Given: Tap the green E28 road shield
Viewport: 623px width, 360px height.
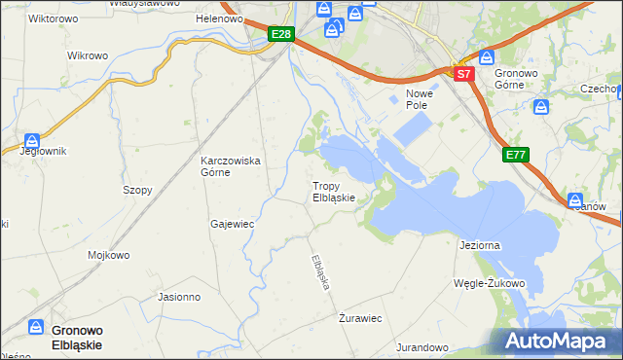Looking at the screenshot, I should pos(281,35).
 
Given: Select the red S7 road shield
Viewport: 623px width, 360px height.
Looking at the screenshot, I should pos(463,73).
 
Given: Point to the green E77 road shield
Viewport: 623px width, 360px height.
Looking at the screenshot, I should pos(516,155).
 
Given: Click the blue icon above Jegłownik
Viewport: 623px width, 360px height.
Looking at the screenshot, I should pos(32,139).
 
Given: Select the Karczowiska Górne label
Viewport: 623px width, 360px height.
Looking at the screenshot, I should pos(230,166).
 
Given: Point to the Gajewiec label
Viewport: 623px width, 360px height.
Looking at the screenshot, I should pos(232,223).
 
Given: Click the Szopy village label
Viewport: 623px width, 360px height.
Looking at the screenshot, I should pos(137,190).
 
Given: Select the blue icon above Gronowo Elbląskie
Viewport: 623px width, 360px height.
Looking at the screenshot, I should pos(36,328).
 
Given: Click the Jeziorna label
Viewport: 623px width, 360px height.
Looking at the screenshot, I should pos(479,245).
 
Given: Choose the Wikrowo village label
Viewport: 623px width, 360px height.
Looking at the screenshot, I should pos(87,55).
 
